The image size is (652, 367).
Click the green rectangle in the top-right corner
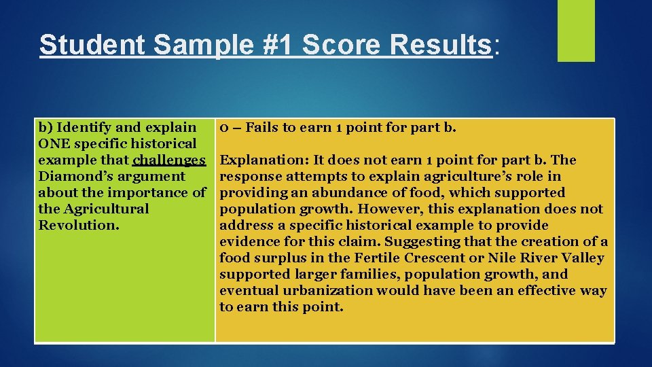576,31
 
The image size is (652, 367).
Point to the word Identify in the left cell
85,127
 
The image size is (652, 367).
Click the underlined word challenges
170,160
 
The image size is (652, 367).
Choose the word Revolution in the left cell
76,225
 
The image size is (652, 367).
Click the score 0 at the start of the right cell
222,127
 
